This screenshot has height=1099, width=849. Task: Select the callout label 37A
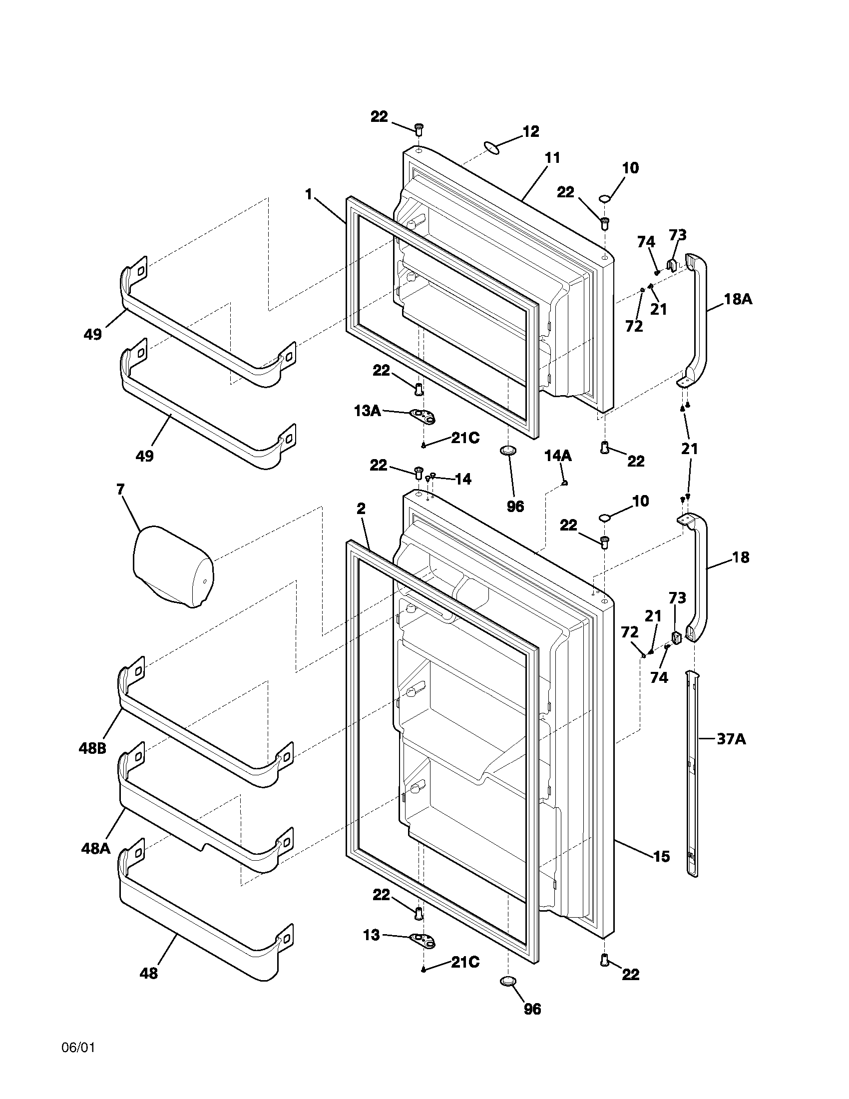[x=730, y=739]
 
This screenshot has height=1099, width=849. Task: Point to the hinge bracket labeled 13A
[x=423, y=416]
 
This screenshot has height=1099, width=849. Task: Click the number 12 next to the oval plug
[x=530, y=131]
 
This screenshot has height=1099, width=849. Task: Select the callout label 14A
[x=558, y=456]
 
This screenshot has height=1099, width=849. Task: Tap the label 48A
[x=95, y=849]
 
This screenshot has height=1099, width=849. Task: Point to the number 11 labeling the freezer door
[x=552, y=157]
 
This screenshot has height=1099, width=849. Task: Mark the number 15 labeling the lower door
[x=661, y=856]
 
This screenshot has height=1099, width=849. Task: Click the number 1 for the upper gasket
[x=309, y=193]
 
